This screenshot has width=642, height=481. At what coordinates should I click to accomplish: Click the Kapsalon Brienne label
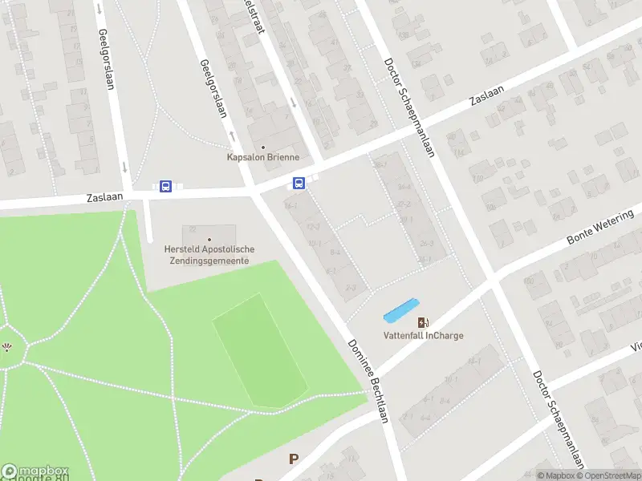(x=263, y=157)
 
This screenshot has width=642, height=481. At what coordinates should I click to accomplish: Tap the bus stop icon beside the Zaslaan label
(x=166, y=187)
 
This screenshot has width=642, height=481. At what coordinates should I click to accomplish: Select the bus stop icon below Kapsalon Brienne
(x=299, y=184)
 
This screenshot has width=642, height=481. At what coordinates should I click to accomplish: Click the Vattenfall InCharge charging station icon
(x=423, y=322)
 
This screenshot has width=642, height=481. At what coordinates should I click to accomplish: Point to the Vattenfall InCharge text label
(x=423, y=336)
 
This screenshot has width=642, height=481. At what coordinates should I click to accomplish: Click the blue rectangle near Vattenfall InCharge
(x=401, y=310)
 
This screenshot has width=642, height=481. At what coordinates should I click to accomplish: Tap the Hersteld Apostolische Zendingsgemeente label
(x=209, y=255)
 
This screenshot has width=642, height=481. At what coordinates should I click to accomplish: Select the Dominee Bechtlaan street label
(x=368, y=381)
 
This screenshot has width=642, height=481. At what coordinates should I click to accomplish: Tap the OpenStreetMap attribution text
(x=607, y=475)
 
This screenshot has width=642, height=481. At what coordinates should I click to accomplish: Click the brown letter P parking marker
(x=294, y=459)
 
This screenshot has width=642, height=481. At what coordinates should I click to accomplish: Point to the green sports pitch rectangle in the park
(x=260, y=350)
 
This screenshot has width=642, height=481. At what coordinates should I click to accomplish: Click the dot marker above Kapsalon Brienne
(x=262, y=147)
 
